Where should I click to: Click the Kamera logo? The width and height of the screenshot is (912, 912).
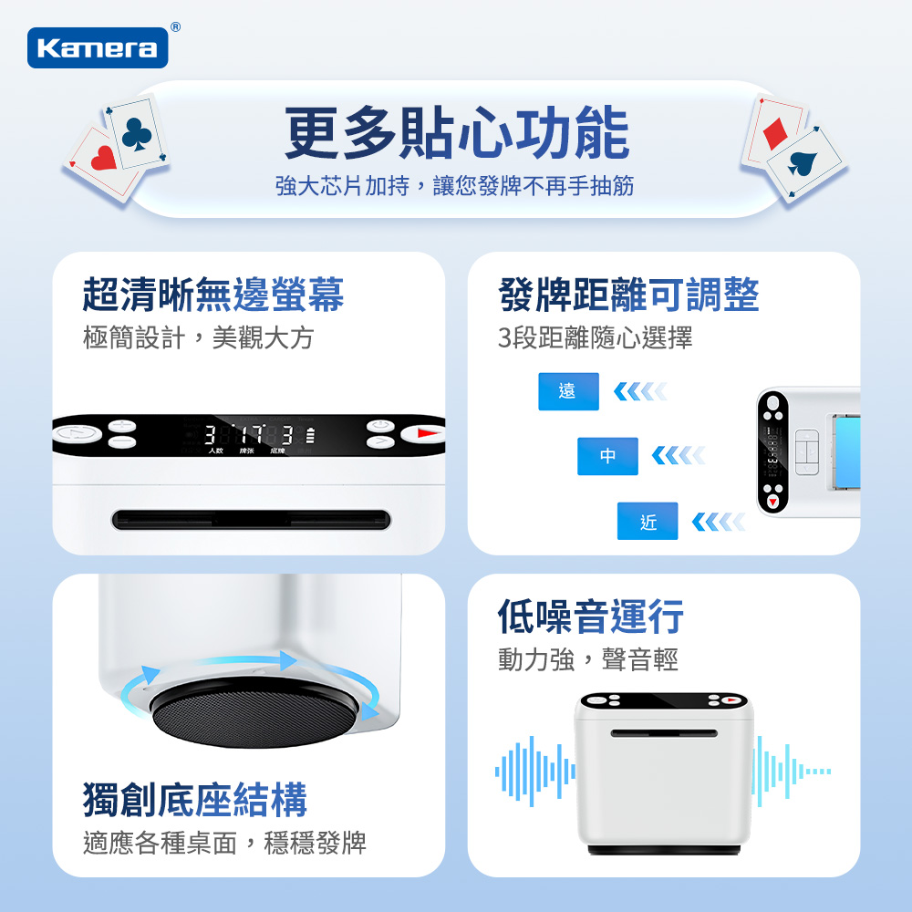pos(98,47)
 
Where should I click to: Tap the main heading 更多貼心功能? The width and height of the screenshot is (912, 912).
pos(456,133)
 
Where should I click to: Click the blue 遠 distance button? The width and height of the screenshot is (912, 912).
pos(568,391)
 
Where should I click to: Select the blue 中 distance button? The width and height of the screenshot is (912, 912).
pos(607,456)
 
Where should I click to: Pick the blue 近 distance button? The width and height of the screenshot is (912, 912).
pos(648,521)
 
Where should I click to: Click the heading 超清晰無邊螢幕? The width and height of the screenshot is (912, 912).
pos(213,294)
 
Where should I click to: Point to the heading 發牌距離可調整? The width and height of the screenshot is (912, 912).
pos(628,294)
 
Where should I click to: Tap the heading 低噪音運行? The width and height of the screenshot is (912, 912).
pos(590,617)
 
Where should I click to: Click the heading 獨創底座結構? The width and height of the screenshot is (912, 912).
pos(195,799)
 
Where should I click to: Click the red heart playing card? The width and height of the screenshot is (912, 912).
pos(102,161)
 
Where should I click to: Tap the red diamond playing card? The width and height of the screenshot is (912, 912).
pos(776,132)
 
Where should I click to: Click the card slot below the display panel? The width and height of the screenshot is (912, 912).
pos(251,520)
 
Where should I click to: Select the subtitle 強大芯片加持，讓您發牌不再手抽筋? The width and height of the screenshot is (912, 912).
pos(455,186)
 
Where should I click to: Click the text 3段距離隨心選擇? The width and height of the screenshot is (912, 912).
pos(595,338)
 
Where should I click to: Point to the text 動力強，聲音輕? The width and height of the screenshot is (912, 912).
pos(587,658)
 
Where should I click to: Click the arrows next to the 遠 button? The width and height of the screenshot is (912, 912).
pos(640,391)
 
